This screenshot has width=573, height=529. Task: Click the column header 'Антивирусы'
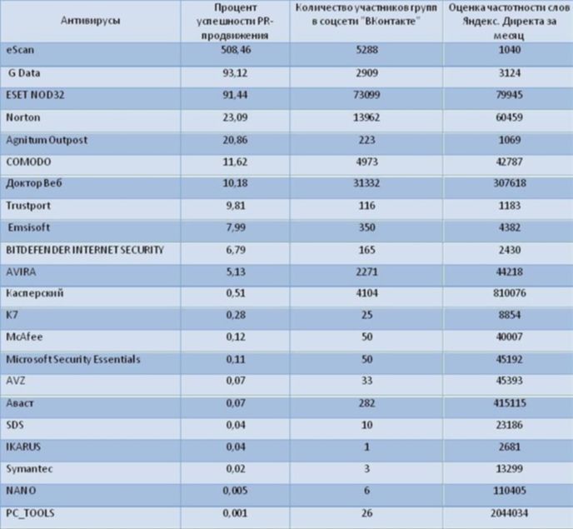pos(90,21)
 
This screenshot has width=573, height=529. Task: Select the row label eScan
pos(20,50)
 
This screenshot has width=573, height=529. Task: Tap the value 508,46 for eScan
pos(236,50)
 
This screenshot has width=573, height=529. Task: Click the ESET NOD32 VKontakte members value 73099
pos(366,95)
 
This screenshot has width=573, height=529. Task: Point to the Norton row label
pos(23,117)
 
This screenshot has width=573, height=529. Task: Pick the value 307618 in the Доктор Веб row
pos(510,182)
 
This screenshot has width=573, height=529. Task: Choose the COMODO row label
pos(28,162)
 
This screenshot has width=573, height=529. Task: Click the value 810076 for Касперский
pos(510,293)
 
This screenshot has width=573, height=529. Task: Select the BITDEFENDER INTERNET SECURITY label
pos(85,250)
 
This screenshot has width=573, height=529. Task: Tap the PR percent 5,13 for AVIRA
pos(236,272)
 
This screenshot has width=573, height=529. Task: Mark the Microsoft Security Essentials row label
pos(73,359)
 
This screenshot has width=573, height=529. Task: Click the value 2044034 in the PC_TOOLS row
pos(510,513)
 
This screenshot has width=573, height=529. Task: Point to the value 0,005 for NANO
pos(236,491)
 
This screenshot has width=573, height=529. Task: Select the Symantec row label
pos(29,469)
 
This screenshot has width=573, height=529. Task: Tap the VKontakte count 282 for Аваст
pos(367,403)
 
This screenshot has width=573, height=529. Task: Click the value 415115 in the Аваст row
pos(510,403)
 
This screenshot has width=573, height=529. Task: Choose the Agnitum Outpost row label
pos(47,140)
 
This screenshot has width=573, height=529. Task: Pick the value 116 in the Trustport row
pos(367,206)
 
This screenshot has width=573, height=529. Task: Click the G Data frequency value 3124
pos(510,73)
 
